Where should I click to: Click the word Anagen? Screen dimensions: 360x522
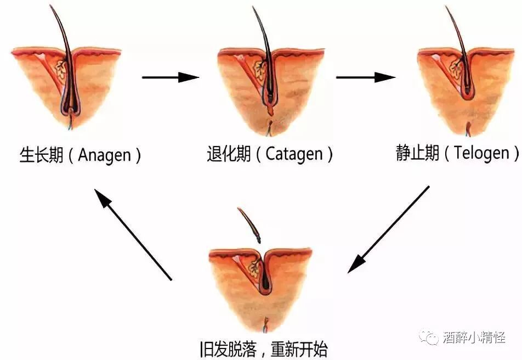click(x=105, y=155)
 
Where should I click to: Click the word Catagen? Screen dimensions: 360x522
click(x=294, y=154)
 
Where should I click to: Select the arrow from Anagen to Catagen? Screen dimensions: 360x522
click(x=170, y=77)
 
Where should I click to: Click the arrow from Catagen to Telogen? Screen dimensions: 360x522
click(x=365, y=77)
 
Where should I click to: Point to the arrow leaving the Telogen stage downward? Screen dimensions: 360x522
click(x=389, y=229)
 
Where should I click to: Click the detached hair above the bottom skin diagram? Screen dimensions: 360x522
click(x=249, y=224)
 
